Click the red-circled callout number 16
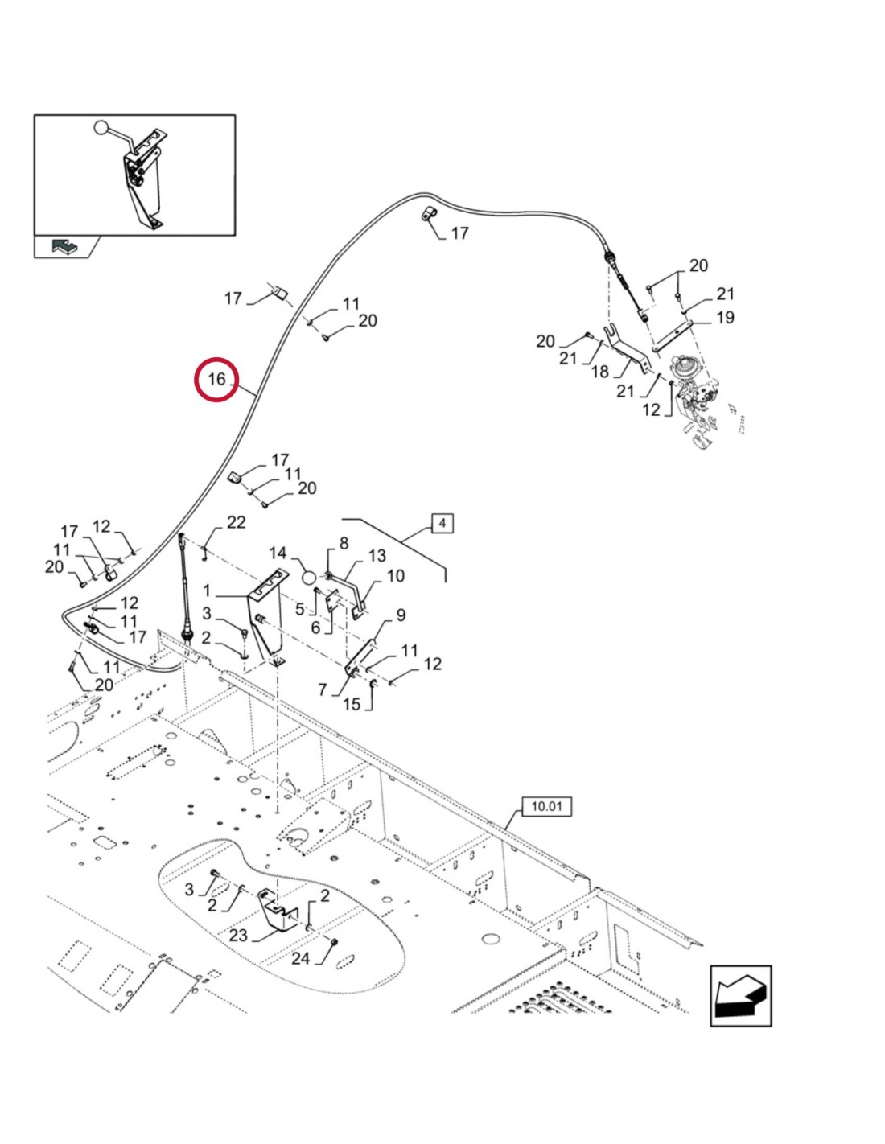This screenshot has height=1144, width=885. pos(216,379)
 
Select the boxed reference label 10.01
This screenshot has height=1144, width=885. pos(547,806)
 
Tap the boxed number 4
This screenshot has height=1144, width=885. pos(442,523)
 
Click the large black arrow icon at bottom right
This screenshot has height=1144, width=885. pos(741,996)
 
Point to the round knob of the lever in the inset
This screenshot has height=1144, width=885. pos(101,127)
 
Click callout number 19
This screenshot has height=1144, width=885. pos(725,318)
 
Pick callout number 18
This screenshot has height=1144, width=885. pos(600,372)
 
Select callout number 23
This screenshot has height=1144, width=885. pos(238,936)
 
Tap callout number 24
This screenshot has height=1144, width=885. pos(301,958)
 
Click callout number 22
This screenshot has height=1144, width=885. pos(236,522)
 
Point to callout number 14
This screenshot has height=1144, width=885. pos(278,553)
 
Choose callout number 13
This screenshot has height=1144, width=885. pos(377,556)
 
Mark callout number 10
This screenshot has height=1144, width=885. pos(395,576)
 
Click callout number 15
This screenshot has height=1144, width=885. pos(352,704)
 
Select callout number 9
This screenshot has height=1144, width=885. pos(401,615)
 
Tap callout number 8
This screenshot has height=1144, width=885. pos(344,543)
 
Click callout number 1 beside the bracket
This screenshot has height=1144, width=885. pos(207,591)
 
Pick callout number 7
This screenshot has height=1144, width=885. pos(323,689)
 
